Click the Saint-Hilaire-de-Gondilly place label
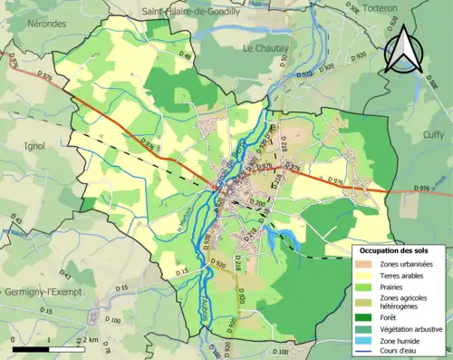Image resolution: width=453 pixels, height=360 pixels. (189, 12)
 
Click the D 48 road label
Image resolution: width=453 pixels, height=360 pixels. (186, 56)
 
